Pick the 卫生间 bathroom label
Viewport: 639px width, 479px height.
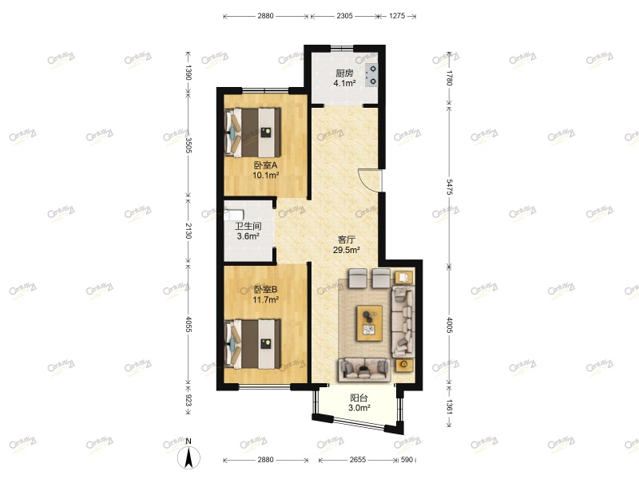[x=248, y=226]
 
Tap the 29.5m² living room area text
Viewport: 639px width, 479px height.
[x=347, y=250]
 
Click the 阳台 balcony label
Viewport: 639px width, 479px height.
[x=359, y=398]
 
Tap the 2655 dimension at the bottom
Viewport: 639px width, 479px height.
[x=357, y=460]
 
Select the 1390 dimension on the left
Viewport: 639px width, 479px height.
[x=189, y=73]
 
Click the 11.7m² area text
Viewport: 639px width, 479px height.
[x=265, y=300]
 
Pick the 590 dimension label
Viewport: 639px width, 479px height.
[x=407, y=460]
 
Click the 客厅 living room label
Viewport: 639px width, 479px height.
[x=347, y=239]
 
